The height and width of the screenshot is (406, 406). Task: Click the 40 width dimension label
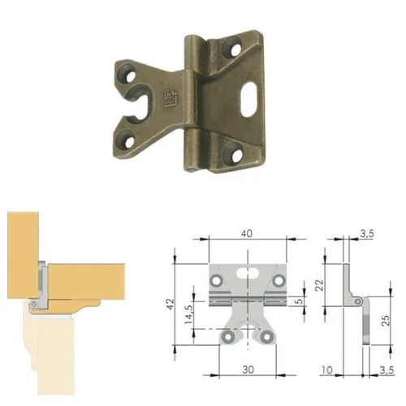coord(247,233)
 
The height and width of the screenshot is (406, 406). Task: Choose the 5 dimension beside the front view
coord(298,300)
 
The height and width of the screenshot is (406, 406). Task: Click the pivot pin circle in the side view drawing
coord(358,301)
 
